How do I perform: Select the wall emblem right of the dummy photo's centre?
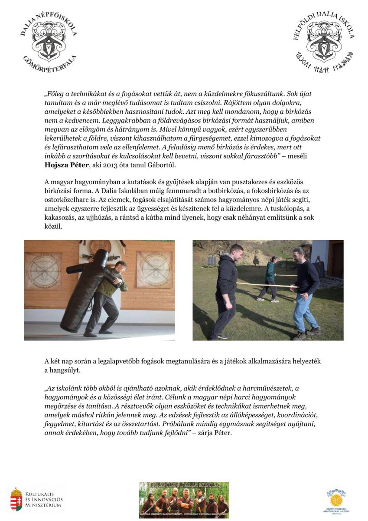click(154, 269)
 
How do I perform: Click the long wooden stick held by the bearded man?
click(264, 285)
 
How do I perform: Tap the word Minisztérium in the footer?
click(43, 505)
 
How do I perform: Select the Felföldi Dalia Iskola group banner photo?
click(183, 500)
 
